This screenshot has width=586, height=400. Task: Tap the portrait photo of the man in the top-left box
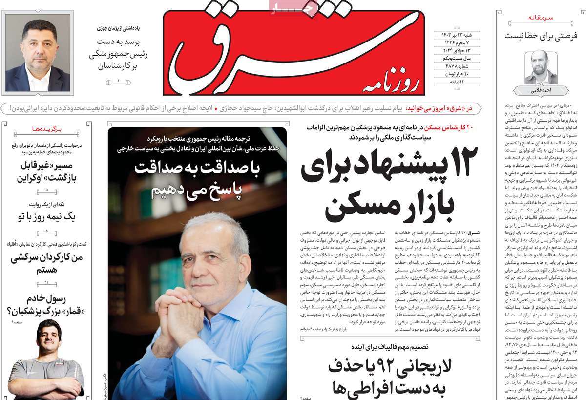point(38,52)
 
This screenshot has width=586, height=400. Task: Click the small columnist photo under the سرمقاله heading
point(540,67)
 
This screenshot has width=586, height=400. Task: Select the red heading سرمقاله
point(541,18)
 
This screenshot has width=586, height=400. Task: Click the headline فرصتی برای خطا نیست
point(541,35)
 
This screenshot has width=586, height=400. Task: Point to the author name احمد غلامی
point(540,91)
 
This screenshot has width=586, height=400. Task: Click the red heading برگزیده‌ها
point(48,129)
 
